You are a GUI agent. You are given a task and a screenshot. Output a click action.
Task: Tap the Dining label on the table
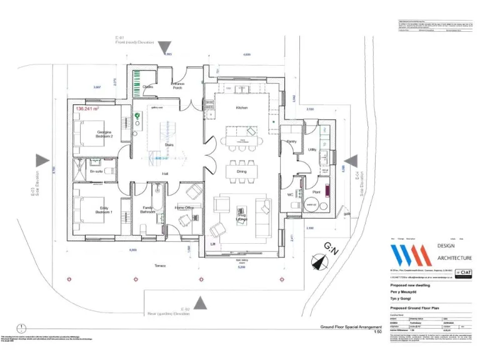pyautogui.click(x=241, y=171)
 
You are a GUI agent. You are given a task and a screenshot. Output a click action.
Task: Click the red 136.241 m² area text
pyautogui.click(x=89, y=108)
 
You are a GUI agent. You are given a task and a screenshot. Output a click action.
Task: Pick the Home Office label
pyautogui.click(x=184, y=207)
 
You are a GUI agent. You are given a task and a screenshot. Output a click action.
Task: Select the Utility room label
pyautogui.click(x=312, y=150)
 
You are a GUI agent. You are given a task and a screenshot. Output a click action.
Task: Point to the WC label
pyautogui.click(x=290, y=195)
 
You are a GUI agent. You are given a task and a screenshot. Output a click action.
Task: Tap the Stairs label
pyautogui.click(x=169, y=145)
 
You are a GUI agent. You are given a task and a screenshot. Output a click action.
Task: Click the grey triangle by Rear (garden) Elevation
pyautogui.click(x=200, y=304)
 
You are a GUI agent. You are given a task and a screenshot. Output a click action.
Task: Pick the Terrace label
pyautogui.click(x=161, y=266)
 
